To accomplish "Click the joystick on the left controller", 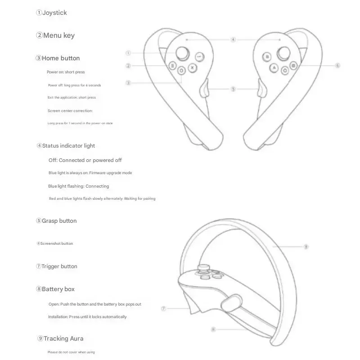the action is coord(182,53).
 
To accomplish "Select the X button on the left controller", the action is coord(193,68).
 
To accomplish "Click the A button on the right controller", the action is coord(273,68).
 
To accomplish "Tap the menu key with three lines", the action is coord(172,66).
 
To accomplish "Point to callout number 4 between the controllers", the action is coord(233,40).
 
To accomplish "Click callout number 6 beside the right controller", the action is coord(337,65).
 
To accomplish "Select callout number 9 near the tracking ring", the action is coord(306,247).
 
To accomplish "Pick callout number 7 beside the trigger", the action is coord(164,309).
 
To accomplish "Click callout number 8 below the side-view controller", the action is coord(213,329).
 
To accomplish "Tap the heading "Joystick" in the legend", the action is coord(54,13).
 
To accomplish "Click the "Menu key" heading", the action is coord(59,36).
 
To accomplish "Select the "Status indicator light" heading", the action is coord(68,146).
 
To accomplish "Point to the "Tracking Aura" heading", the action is coord(63,338).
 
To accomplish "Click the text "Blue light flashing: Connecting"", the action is coord(79,186).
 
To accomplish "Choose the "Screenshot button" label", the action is coord(57,244).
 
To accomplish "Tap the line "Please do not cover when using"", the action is coord(71,352).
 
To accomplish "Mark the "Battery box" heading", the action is coord(58,289).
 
